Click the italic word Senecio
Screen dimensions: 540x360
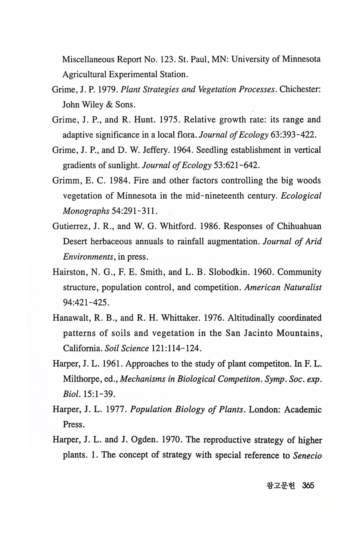coord(307,455)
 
